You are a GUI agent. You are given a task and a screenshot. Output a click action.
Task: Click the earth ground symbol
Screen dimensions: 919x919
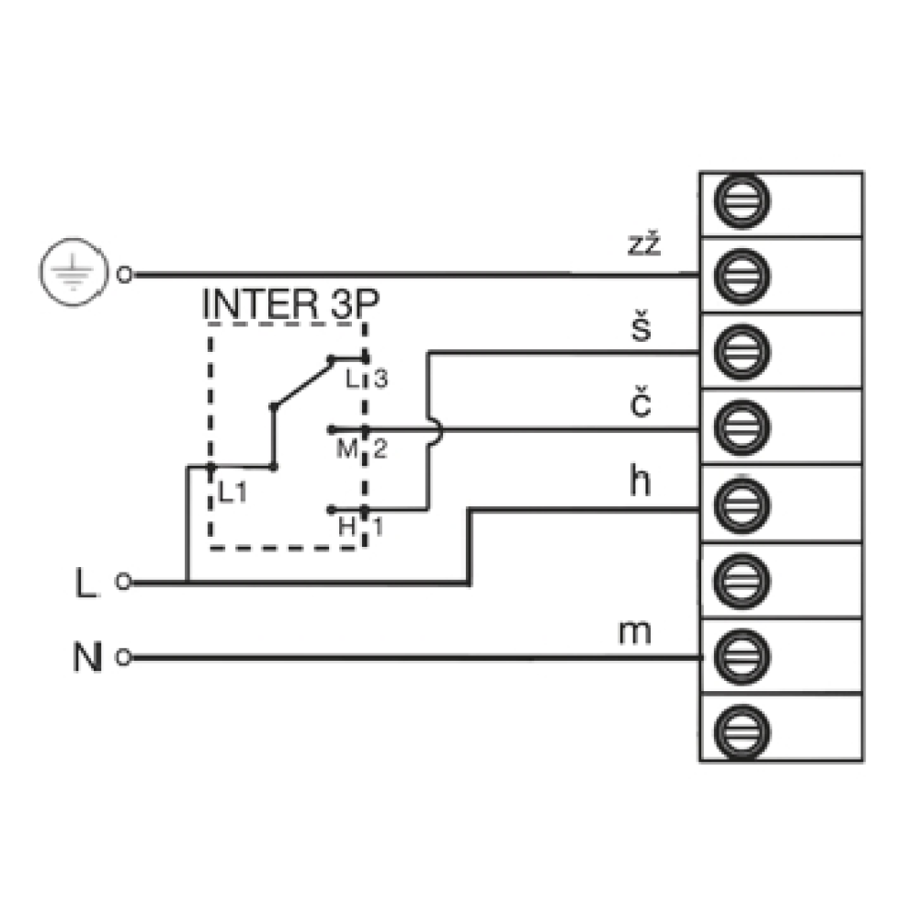(74, 273)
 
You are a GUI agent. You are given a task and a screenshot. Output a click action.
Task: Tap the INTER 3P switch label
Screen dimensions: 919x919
(290, 303)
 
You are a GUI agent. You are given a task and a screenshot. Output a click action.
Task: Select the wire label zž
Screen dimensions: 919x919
(644, 244)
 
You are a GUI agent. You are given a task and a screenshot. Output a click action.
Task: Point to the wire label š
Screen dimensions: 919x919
(641, 326)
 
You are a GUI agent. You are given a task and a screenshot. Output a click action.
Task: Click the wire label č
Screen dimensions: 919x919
(640, 403)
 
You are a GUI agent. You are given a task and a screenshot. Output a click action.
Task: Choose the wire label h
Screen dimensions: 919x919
(640, 481)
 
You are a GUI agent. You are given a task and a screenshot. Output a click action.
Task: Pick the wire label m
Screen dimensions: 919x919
(635, 633)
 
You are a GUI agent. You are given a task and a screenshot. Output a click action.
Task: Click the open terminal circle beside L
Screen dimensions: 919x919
(123, 582)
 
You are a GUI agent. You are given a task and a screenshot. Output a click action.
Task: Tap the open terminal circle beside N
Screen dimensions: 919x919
(123, 657)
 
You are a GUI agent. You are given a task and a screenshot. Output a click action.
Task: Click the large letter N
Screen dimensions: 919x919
(87, 657)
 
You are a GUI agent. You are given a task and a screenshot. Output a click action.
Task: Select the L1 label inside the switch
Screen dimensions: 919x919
(233, 493)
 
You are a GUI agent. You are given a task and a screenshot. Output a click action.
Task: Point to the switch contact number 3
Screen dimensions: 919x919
(381, 379)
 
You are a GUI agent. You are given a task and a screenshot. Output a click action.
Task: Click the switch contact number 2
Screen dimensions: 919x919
(380, 449)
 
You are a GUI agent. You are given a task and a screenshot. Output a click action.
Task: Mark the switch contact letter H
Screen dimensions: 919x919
(347, 527)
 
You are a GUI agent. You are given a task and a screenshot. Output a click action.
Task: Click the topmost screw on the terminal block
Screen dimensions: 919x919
(742, 201)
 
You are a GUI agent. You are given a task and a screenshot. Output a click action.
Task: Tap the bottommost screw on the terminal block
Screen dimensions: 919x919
(742, 732)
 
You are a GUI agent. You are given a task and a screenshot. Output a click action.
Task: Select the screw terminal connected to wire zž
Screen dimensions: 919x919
(742, 277)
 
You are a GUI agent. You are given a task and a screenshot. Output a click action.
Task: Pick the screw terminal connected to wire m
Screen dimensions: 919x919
(742, 656)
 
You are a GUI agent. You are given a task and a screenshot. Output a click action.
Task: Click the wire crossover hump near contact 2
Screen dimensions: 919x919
(438, 431)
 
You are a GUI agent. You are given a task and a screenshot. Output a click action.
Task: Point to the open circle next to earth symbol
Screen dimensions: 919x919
(124, 274)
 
